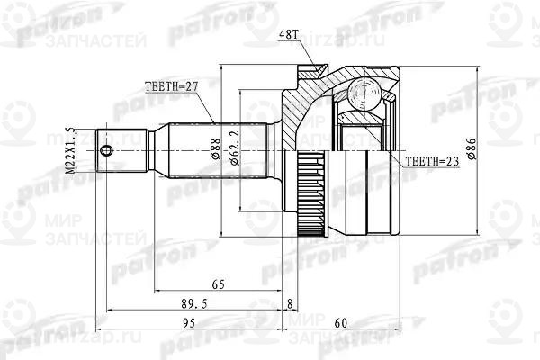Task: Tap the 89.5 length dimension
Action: click(187, 303)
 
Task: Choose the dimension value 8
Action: click(289, 303)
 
